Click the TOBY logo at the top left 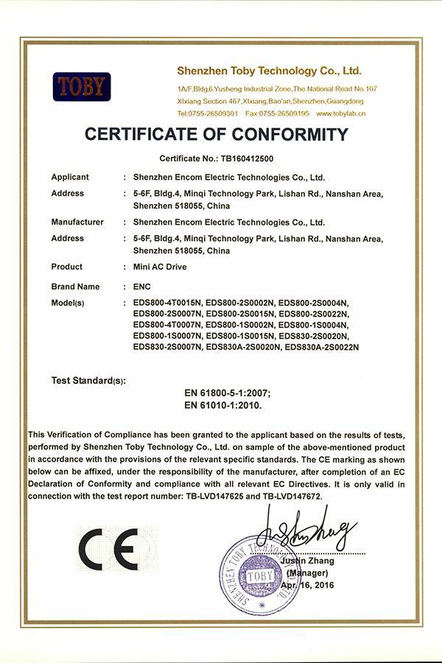[81, 87]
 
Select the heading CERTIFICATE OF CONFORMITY [216, 135]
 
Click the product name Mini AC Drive [160, 267]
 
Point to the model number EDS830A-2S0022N [321, 347]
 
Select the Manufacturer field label [77, 222]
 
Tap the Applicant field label [70, 177]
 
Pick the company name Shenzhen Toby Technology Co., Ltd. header [270, 71]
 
